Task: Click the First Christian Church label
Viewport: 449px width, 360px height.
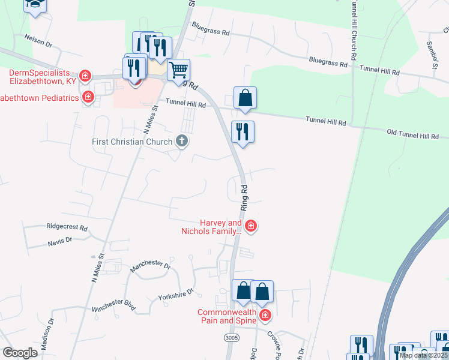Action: [132, 142]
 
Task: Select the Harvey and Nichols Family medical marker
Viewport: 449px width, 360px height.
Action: [251, 226]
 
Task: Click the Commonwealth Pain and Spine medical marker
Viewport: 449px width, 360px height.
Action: [265, 314]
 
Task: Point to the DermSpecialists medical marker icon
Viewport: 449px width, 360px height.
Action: [85, 76]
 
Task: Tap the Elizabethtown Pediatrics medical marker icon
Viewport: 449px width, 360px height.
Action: [88, 97]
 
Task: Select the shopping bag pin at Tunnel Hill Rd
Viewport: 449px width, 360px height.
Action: [245, 98]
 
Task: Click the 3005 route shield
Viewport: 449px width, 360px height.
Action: [231, 338]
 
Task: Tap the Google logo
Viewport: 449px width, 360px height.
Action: [20, 353]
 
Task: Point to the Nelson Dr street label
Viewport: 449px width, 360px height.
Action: [38, 40]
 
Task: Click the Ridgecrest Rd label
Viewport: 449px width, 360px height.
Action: [67, 228]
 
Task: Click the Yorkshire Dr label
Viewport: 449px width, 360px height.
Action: [176, 294]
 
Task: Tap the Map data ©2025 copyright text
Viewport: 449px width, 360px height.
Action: [423, 355]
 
